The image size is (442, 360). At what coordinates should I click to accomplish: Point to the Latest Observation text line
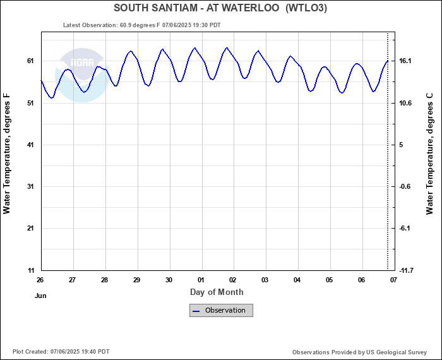click(x=142, y=25)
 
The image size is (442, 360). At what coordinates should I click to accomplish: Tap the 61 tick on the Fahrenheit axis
click(x=29, y=61)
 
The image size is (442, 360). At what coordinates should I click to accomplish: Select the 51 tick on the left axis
click(x=29, y=103)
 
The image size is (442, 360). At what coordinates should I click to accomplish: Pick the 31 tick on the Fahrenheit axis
click(x=29, y=187)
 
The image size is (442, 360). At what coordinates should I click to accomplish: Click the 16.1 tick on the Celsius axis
click(x=405, y=61)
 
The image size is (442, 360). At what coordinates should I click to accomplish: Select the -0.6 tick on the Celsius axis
click(x=405, y=187)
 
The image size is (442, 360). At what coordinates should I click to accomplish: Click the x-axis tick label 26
click(x=40, y=280)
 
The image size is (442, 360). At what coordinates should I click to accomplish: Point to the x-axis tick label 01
click(x=201, y=280)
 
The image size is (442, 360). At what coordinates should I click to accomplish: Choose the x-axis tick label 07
click(x=393, y=280)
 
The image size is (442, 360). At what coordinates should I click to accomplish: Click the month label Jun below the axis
click(x=40, y=295)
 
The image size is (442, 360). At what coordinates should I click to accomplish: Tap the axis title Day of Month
click(x=217, y=292)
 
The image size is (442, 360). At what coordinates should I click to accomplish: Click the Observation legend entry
click(x=222, y=310)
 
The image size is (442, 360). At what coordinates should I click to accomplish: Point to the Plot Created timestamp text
click(x=61, y=352)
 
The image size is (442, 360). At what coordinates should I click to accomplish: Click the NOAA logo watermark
click(x=81, y=75)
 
